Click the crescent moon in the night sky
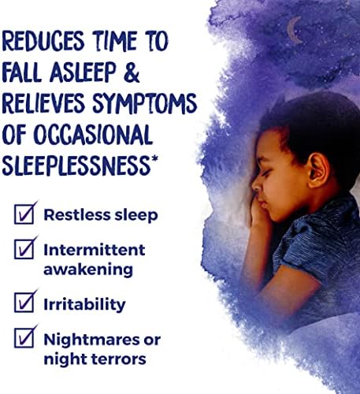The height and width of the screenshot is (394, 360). [x=292, y=30]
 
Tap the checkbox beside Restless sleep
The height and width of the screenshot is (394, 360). [x=24, y=214]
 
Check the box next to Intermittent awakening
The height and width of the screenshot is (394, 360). [x=24, y=249]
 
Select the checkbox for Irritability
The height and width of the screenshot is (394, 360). [x=24, y=303]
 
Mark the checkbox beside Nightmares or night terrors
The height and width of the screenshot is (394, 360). [x=24, y=338]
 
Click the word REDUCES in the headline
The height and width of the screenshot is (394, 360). [x=43, y=41]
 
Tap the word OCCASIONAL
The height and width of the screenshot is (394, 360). [x=93, y=135]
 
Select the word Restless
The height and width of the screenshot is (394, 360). [x=77, y=215]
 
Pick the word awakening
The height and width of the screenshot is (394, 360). [x=88, y=269]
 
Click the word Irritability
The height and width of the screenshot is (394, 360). [x=84, y=304]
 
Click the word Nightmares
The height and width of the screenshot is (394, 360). [x=91, y=340]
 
